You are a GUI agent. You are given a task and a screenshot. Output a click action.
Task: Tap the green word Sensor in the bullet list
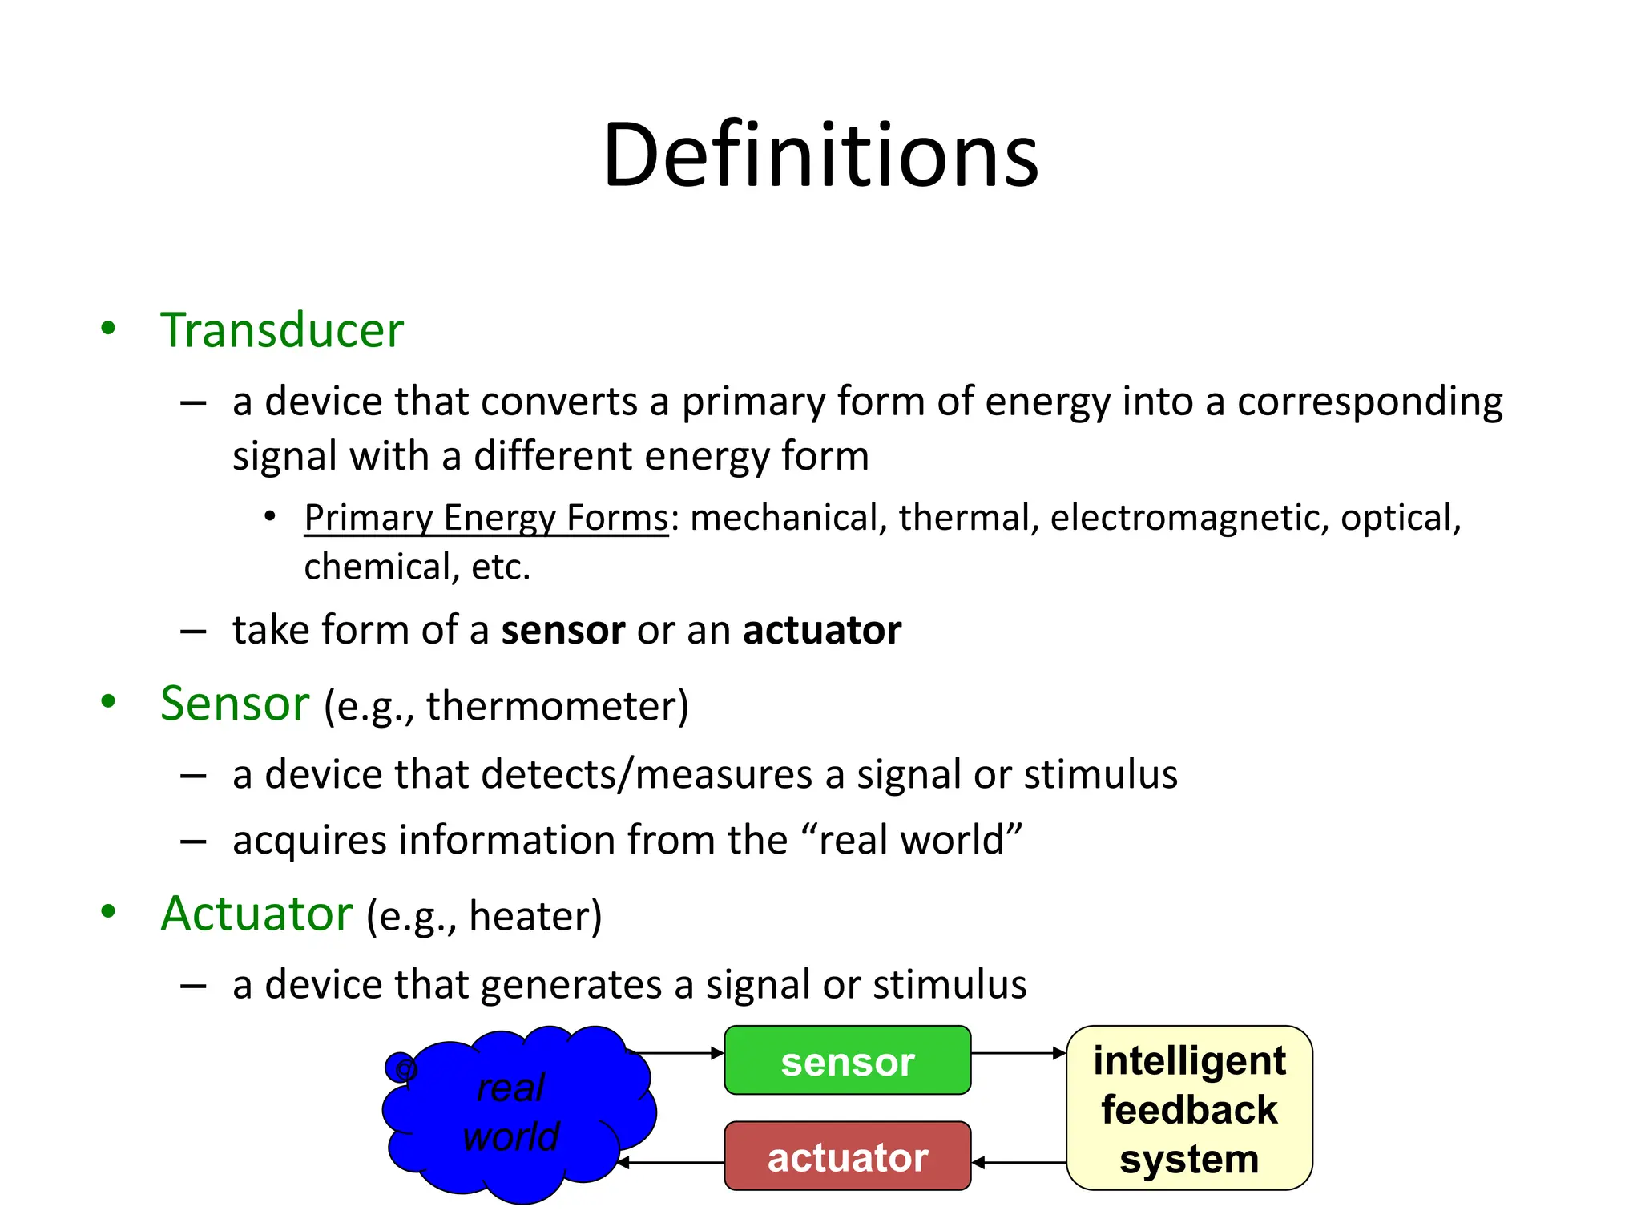pyautogui.click(x=235, y=704)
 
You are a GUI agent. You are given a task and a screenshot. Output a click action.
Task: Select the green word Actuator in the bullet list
pyautogui.click(x=256, y=914)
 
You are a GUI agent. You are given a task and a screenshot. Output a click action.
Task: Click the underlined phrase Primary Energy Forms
pyautogui.click(x=486, y=518)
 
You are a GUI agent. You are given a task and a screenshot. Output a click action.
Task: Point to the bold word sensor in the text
pyautogui.click(x=562, y=630)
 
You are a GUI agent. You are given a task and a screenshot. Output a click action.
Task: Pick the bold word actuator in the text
pyautogui.click(x=821, y=630)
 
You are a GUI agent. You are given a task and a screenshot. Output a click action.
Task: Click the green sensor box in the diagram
pyautogui.click(x=847, y=1060)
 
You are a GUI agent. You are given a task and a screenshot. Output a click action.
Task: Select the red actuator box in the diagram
pyautogui.click(x=847, y=1156)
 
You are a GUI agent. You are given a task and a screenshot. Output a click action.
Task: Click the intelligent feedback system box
pyautogui.click(x=1189, y=1108)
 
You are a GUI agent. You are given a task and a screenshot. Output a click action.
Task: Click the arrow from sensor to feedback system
pyautogui.click(x=1018, y=1053)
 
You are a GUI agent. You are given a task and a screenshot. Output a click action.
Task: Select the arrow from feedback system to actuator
pyautogui.click(x=1018, y=1162)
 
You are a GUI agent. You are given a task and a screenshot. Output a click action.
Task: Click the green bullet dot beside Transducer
pyautogui.click(x=108, y=328)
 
